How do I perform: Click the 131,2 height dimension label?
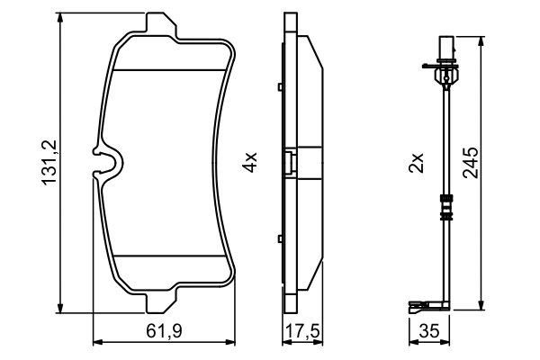pos(49,162)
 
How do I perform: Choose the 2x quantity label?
pos(416,163)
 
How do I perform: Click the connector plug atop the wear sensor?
pos(444,46)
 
